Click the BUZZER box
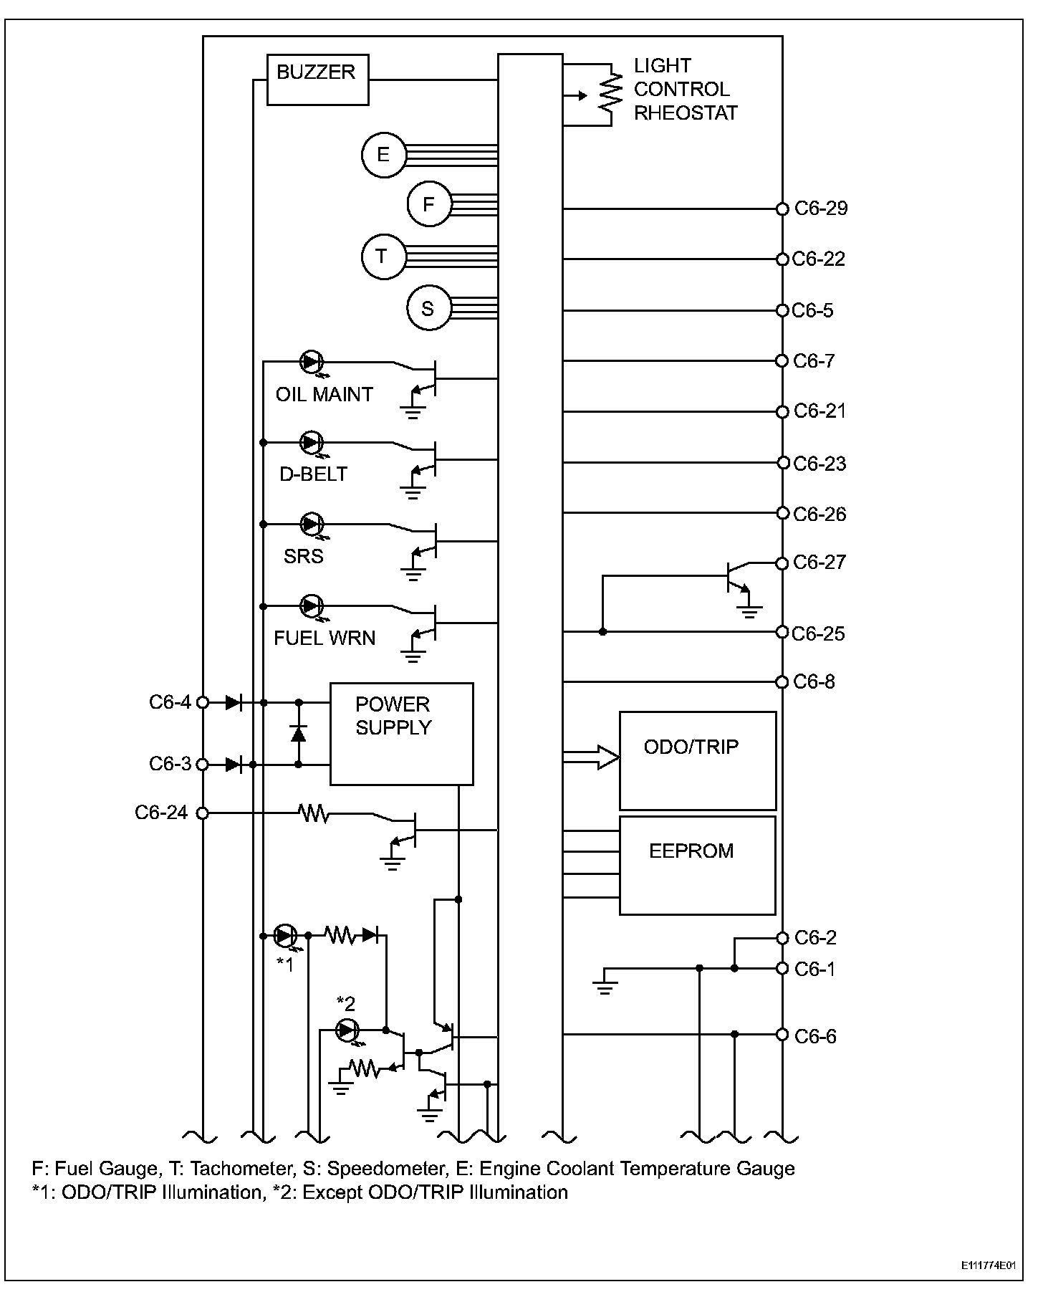click(x=317, y=80)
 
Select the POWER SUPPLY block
click(x=401, y=733)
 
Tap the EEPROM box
click(x=697, y=864)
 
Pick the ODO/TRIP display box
click(x=697, y=760)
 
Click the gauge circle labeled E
click(x=383, y=154)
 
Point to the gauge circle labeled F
click(x=429, y=205)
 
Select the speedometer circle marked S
click(x=428, y=309)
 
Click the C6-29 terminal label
click(x=821, y=209)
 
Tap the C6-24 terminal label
click(x=161, y=813)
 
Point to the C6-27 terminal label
click(x=819, y=563)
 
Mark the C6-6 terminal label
click(x=815, y=1036)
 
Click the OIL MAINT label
click(x=324, y=395)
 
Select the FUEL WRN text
click(x=324, y=638)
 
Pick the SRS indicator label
click(x=303, y=557)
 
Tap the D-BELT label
click(x=313, y=474)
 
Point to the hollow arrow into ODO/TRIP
click(x=592, y=757)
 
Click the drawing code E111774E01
click(x=989, y=1265)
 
